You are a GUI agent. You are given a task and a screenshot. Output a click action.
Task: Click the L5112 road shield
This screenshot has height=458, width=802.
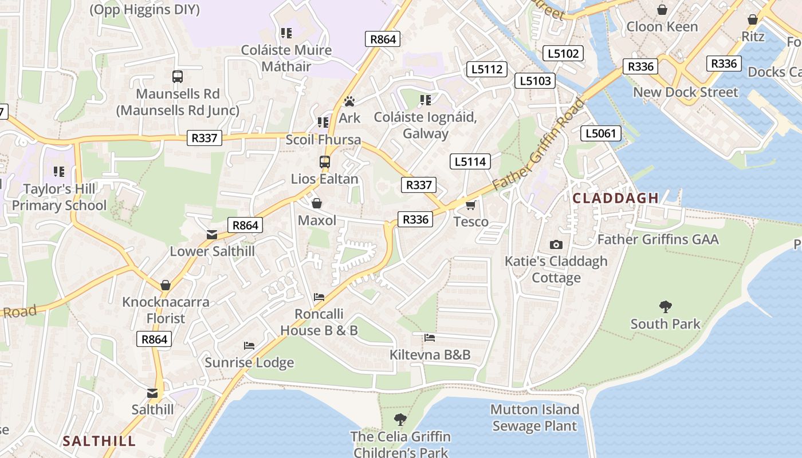coord(487,69)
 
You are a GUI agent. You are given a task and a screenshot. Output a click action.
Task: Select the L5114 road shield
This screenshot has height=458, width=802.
coord(470,162)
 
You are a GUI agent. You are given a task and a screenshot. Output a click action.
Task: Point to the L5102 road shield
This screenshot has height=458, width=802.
coord(563,54)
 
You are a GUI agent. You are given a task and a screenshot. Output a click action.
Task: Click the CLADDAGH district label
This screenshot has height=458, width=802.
coord(616,198)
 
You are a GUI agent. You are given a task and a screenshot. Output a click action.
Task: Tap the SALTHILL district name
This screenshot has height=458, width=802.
coord(99,441)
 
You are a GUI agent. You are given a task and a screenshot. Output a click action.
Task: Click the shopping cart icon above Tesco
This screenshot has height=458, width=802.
coord(471,205)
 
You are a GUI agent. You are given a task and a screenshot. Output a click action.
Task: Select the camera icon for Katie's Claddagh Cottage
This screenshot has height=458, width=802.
coord(556,244)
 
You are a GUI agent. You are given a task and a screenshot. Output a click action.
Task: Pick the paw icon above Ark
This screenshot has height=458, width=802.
coord(349,101)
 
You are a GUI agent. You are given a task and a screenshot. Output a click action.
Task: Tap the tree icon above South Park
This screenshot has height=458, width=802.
coord(665,307)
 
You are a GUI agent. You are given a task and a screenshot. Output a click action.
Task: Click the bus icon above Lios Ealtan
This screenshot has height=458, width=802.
coord(325,162)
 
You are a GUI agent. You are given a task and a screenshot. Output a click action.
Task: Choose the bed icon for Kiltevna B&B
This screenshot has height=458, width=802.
coord(430,338)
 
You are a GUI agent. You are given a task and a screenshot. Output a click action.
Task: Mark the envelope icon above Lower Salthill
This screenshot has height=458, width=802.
coord(212,234)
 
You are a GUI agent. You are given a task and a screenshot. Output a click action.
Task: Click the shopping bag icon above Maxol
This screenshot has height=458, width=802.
coord(316,203)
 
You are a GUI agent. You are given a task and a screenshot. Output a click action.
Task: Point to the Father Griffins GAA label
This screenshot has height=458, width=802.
coord(658,239)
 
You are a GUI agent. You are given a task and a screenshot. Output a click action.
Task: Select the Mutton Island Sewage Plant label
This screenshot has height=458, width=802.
coord(534,417)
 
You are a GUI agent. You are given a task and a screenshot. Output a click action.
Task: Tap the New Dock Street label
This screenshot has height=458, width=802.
coord(686,92)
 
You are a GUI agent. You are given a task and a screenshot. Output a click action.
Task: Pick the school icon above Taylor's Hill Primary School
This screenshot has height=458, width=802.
coord(58,171)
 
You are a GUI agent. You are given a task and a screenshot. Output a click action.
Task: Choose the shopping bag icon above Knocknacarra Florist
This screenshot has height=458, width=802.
coord(166,285)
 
